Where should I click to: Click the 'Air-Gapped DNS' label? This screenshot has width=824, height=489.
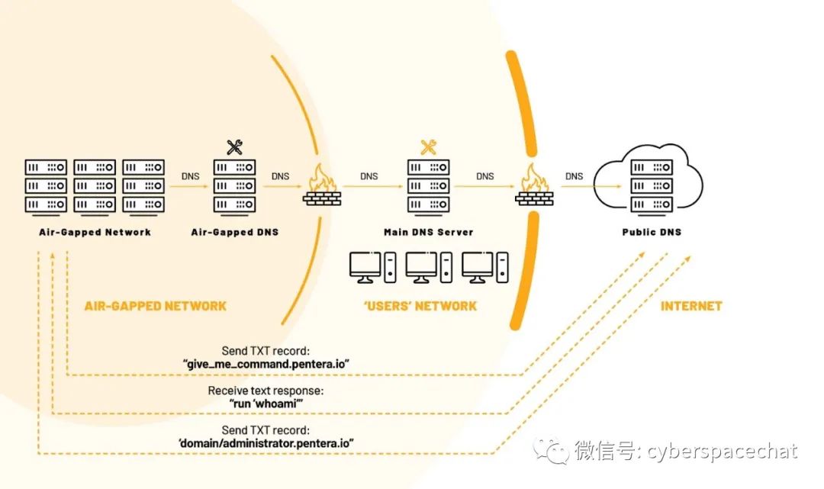point(234,232)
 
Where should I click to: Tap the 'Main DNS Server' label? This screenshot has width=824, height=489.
point(428,232)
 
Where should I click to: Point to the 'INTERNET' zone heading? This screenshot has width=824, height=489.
point(690,306)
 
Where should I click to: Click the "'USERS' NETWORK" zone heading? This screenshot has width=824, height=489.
point(421,306)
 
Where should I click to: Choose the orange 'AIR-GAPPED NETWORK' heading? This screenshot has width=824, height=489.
point(156,306)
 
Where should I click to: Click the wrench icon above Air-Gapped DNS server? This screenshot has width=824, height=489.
point(234,147)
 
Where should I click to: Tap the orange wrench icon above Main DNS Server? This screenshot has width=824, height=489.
point(428,147)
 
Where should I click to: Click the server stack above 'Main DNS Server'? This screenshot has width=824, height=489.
point(428,185)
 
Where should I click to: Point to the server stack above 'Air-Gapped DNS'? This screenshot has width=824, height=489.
point(234,185)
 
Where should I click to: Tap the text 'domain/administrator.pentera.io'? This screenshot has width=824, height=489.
point(265,442)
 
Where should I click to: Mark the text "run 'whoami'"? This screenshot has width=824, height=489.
point(266,403)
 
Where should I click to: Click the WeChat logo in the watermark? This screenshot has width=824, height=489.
point(550,450)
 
